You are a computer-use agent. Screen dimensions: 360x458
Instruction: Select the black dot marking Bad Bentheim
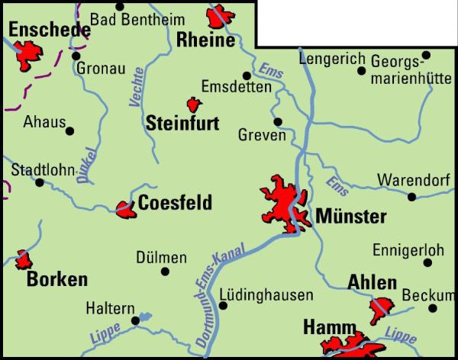pos(119,7)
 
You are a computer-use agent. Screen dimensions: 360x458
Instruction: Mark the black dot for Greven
pos(278,121)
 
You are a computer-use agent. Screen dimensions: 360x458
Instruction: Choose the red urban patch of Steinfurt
pos(194,104)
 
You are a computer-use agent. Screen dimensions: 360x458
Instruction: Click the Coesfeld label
pos(175,203)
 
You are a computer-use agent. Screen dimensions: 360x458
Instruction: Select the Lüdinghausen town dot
pos(223,306)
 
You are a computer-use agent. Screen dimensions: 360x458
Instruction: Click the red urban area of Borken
pos(24,260)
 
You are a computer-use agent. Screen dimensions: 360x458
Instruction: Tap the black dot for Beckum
pos(432,309)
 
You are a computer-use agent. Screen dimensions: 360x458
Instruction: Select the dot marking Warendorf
pos(412,197)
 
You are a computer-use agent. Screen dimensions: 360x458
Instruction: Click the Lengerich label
pos(327,58)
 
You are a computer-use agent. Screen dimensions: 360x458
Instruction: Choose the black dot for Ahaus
pos(70,130)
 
